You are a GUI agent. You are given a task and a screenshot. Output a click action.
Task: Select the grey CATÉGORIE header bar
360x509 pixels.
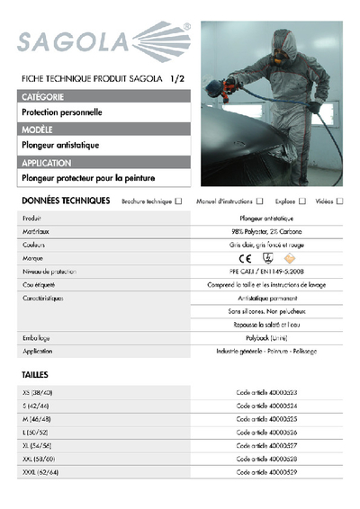point(103,96)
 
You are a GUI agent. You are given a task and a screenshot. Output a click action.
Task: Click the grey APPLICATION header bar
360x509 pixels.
point(103,163)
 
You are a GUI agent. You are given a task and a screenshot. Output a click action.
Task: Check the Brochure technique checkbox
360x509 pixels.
point(178,201)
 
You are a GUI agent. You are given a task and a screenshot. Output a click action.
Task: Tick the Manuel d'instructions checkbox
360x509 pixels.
point(259,201)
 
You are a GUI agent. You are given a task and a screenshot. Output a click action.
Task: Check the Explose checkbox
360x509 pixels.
point(302,201)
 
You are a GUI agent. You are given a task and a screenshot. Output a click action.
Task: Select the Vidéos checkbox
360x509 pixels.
point(339,201)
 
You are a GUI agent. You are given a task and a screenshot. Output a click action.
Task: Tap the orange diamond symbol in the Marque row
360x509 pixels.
point(289,258)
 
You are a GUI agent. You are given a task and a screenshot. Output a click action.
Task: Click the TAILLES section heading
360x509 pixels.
point(35,374)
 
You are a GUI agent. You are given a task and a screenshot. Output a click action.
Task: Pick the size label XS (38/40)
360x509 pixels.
point(39,393)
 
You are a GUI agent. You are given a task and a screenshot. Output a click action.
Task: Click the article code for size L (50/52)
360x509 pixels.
point(266,433)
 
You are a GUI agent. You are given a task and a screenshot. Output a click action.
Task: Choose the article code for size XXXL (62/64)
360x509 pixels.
point(266,471)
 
